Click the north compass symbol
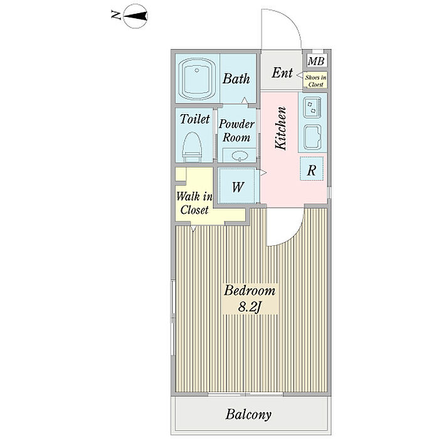click(x=135, y=16)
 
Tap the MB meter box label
click(x=316, y=61)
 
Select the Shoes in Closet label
click(x=315, y=81)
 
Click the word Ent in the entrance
click(x=282, y=73)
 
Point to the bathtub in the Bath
click(x=197, y=79)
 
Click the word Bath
click(x=236, y=78)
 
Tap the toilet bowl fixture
click(x=192, y=147)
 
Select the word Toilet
click(x=195, y=119)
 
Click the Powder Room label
click(x=236, y=130)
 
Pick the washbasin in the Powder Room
click(x=240, y=156)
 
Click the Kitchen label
click(x=281, y=128)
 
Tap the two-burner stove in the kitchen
click(x=312, y=107)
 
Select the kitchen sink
click(x=312, y=137)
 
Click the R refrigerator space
click(x=312, y=169)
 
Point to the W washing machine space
click(x=238, y=186)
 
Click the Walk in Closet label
click(x=194, y=203)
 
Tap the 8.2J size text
click(x=250, y=307)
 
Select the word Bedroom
click(x=250, y=290)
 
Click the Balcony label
click(x=248, y=415)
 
